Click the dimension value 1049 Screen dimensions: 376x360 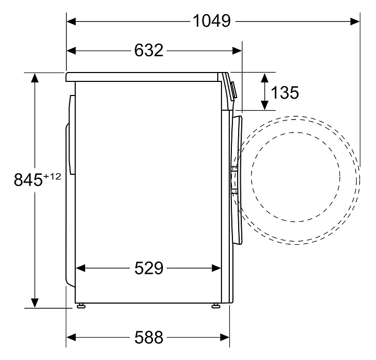pyautogui.click(x=211, y=21)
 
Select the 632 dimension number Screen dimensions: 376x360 pyautogui.click(x=149, y=50)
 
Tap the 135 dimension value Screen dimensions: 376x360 pyautogui.click(x=285, y=92)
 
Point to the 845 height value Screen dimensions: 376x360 pyautogui.click(x=28, y=179)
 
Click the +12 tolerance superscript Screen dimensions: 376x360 pyautogui.click(x=52, y=177)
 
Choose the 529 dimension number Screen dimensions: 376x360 pyautogui.click(x=149, y=268)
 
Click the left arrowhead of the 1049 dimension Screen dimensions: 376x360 pyautogui.click(x=71, y=21)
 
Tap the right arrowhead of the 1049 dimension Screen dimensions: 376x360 pyautogui.click(x=355, y=21)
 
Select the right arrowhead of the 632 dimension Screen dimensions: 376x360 pyautogui.click(x=237, y=51)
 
